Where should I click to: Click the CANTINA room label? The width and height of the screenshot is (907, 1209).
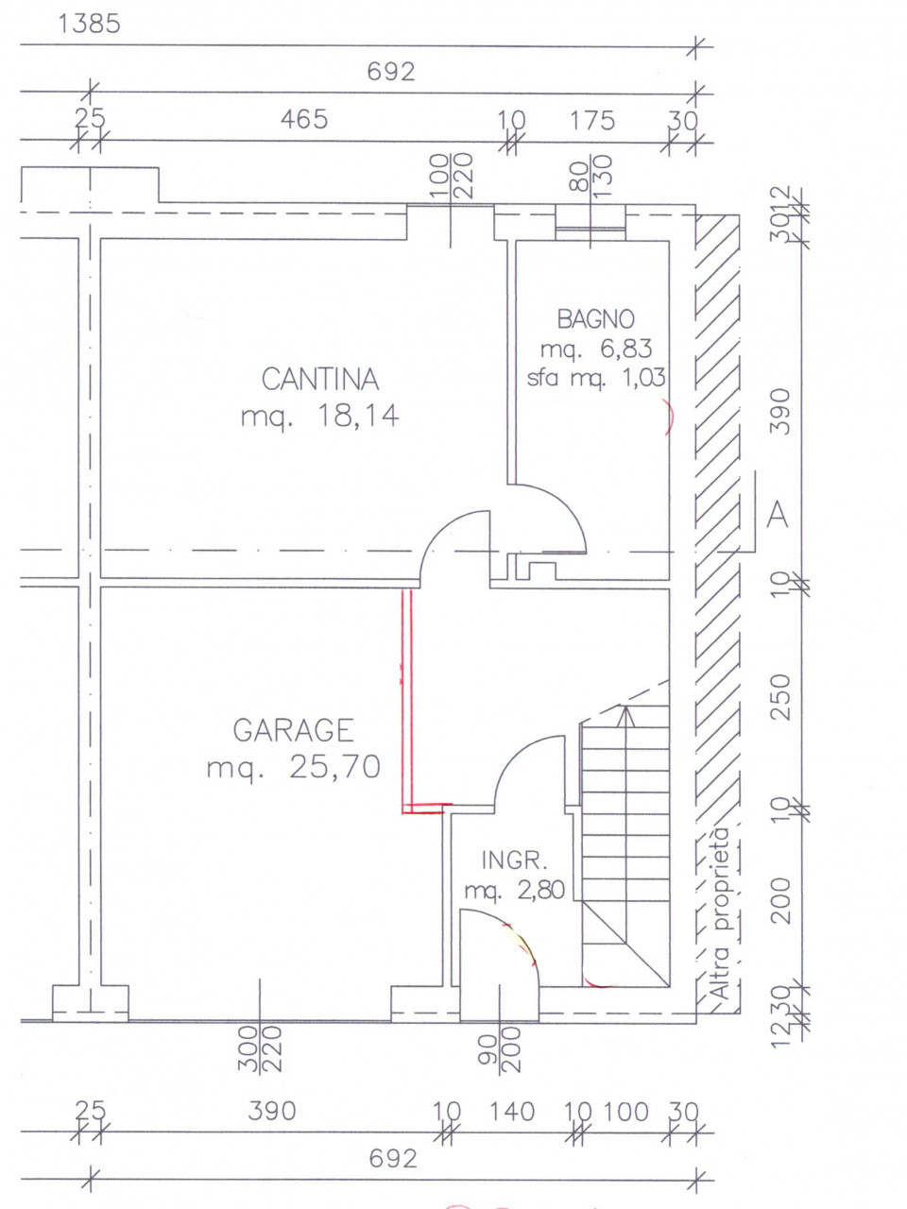(x=319, y=380)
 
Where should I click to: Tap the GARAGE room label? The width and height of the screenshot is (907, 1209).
(x=293, y=730)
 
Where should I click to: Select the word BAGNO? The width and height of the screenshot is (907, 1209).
(x=595, y=319)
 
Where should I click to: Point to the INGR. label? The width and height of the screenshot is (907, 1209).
(x=515, y=860)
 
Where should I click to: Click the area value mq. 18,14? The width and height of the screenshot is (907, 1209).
(x=319, y=417)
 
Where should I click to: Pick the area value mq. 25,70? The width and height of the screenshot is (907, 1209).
(x=293, y=766)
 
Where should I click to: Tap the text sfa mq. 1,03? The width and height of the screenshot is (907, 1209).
(x=595, y=378)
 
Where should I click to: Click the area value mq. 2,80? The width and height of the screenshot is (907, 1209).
(x=515, y=890)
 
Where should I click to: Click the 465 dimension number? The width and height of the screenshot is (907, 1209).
(x=304, y=120)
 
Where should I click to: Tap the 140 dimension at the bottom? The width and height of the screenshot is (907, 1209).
(x=511, y=1112)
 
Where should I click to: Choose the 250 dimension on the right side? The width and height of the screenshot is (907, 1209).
(x=780, y=696)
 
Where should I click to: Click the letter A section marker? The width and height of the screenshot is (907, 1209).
(x=778, y=516)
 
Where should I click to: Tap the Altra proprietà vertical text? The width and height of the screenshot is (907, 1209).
(x=721, y=914)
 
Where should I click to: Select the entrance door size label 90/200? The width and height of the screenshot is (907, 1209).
(x=499, y=1048)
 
